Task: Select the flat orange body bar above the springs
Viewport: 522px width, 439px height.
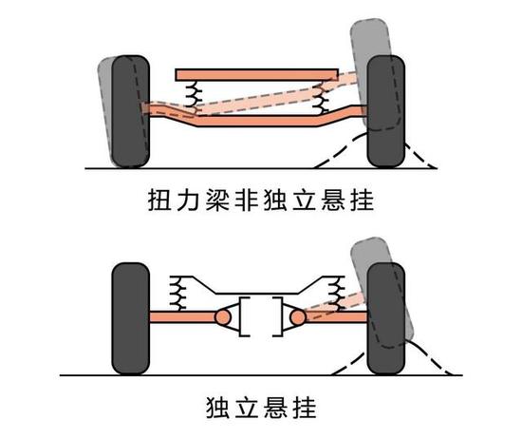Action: click(x=256, y=74)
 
